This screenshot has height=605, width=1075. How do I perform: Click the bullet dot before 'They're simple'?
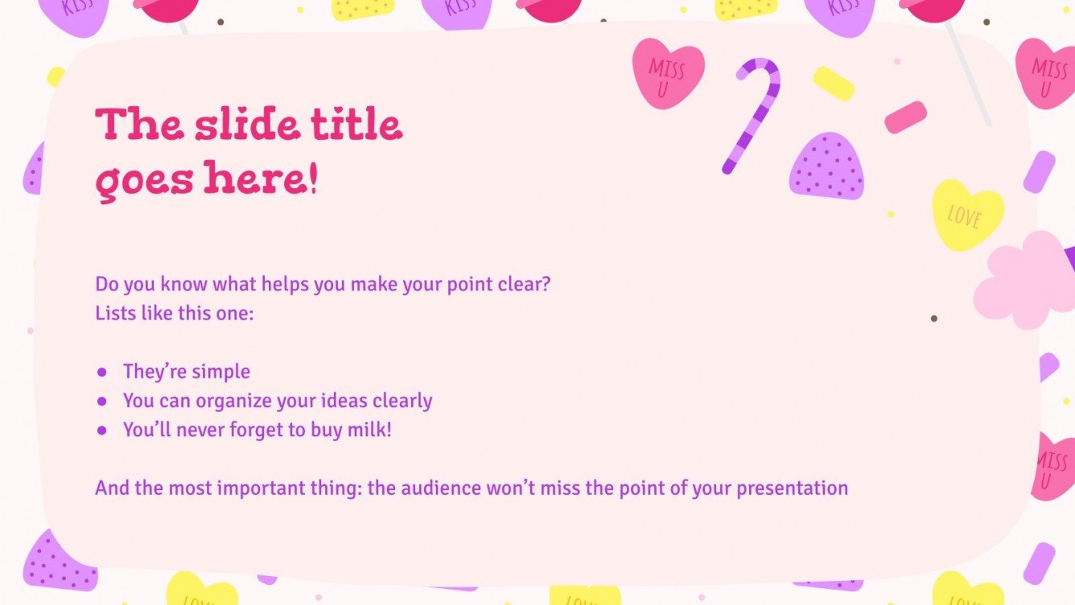[102, 372]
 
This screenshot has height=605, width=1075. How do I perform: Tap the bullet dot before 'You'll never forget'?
[102, 430]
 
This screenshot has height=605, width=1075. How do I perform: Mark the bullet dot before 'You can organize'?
[102, 401]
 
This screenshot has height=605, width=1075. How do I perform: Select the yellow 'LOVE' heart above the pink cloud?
[967, 214]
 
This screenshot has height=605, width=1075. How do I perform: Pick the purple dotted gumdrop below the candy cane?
[827, 168]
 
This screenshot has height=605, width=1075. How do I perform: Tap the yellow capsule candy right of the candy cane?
[834, 84]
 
